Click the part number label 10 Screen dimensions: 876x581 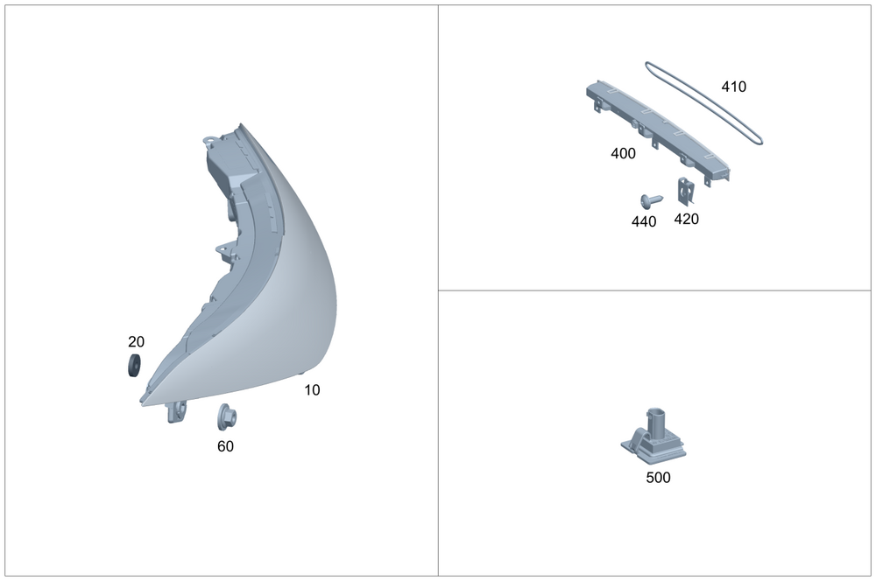coord(313,390)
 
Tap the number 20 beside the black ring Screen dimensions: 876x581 coord(136,341)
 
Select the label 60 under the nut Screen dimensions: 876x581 coord(226,446)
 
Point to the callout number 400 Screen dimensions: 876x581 coord(624,153)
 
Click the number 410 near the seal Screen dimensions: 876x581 coord(734,87)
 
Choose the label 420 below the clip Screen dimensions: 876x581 coord(687,219)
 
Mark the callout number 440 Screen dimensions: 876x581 coord(644,221)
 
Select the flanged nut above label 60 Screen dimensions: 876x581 coord(227,417)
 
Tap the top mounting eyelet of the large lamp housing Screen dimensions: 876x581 coord(209,139)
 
